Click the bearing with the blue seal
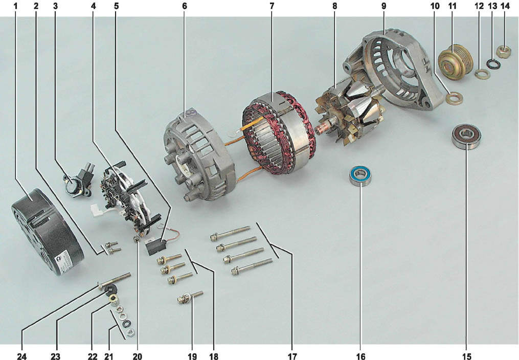click(x=361, y=176)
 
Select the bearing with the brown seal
click(x=466, y=136)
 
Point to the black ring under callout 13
click(x=493, y=63)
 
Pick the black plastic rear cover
click(x=47, y=232)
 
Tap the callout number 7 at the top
click(x=272, y=6)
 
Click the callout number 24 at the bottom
click(x=22, y=356)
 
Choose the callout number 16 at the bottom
click(x=360, y=356)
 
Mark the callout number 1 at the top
click(x=15, y=6)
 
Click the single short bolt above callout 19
click(x=190, y=297)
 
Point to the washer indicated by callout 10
click(x=454, y=98)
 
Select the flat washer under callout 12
click(x=482, y=74)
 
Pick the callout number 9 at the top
click(x=383, y=6)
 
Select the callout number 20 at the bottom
click(x=138, y=356)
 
